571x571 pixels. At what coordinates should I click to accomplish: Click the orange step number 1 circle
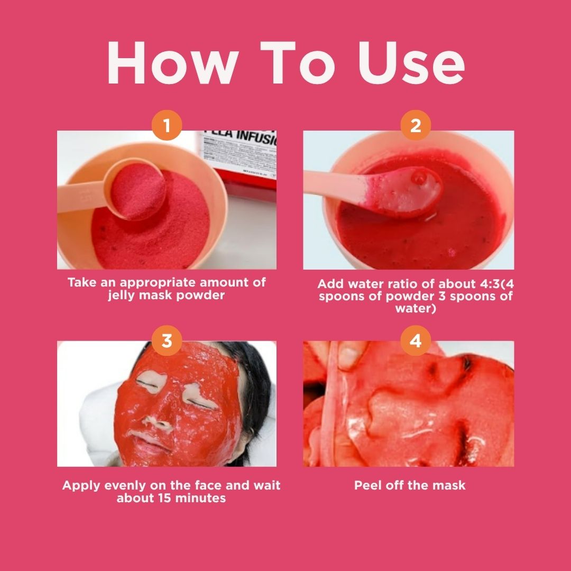pos(167,127)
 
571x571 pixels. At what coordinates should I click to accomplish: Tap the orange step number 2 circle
pos(416,126)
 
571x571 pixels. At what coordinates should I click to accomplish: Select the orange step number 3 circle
pos(167,341)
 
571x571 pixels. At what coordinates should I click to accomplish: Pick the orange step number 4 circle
pos(416,341)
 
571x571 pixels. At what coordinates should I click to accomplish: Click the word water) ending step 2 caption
pos(416,308)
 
